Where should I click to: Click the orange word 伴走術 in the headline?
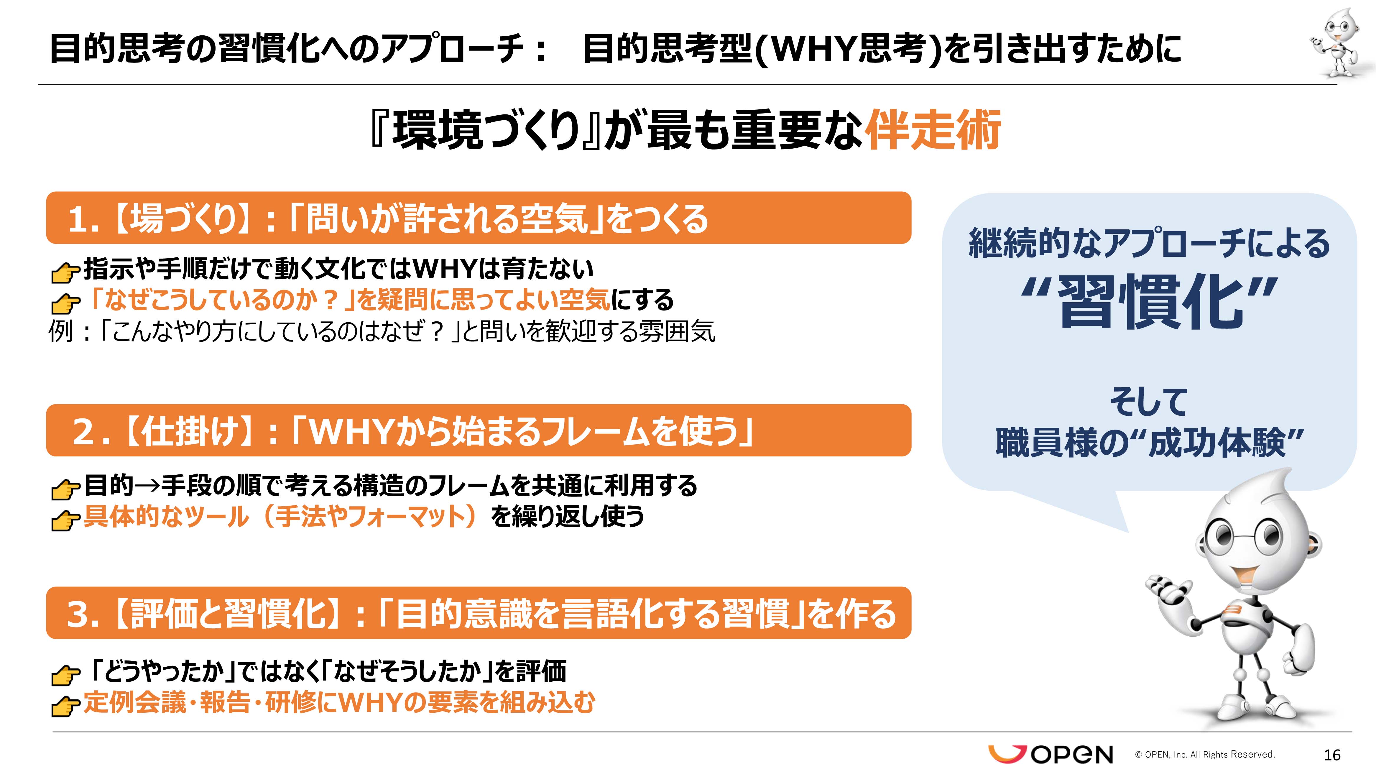(932, 130)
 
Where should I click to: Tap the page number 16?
(1332, 755)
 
